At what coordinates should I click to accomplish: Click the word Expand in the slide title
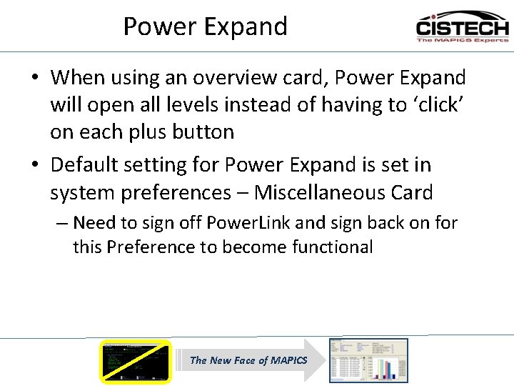(x=246, y=26)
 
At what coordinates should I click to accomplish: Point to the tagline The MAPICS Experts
(x=462, y=41)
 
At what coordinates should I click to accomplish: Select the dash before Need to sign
(x=62, y=223)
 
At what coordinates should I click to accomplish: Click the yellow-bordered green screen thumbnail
(x=136, y=361)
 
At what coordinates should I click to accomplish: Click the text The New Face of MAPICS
(x=248, y=360)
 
